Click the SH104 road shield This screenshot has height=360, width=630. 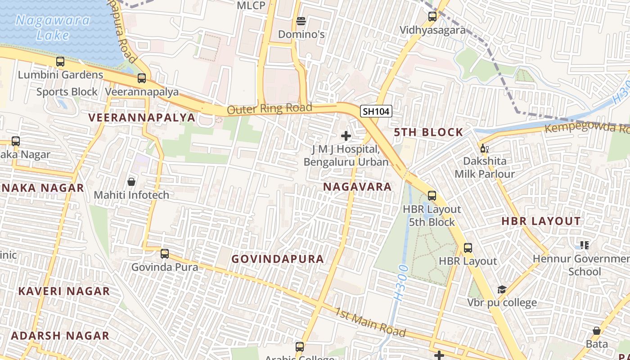click(x=376, y=111)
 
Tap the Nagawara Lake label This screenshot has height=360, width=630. click(x=53, y=27)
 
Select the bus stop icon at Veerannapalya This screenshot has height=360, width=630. click(x=142, y=78)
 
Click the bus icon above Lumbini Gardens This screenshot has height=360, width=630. click(x=60, y=62)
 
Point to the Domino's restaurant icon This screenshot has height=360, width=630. click(x=301, y=21)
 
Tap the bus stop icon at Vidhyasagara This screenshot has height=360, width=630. click(x=432, y=17)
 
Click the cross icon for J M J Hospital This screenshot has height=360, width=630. click(x=346, y=135)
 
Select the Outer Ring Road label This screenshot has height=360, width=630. click(x=269, y=108)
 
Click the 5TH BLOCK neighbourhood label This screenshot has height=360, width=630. click(x=428, y=132)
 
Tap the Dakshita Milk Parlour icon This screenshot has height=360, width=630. click(x=484, y=148)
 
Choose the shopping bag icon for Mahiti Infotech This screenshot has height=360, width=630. click(x=131, y=182)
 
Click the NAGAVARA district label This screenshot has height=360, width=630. click(x=357, y=187)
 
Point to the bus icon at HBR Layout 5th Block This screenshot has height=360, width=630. click(x=432, y=196)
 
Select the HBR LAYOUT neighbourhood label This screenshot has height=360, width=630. click(x=541, y=221)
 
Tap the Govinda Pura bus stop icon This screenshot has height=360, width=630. click(x=165, y=254)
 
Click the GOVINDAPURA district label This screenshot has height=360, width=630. click(x=278, y=259)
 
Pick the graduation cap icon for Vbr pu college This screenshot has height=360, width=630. click(x=502, y=289)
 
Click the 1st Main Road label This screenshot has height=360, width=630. click(x=370, y=322)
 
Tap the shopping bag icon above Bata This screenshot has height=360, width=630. click(x=597, y=331)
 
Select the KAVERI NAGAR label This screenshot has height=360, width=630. click(x=64, y=291)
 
